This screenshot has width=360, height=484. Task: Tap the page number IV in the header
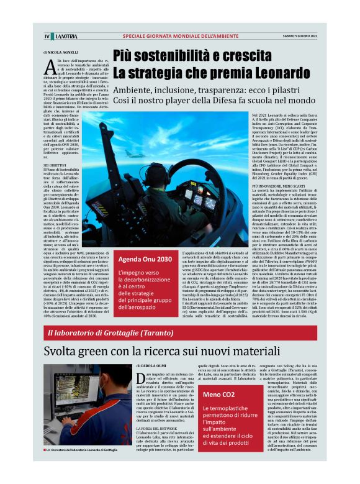(47, 35)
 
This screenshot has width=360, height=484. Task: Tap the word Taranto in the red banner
(149, 332)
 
